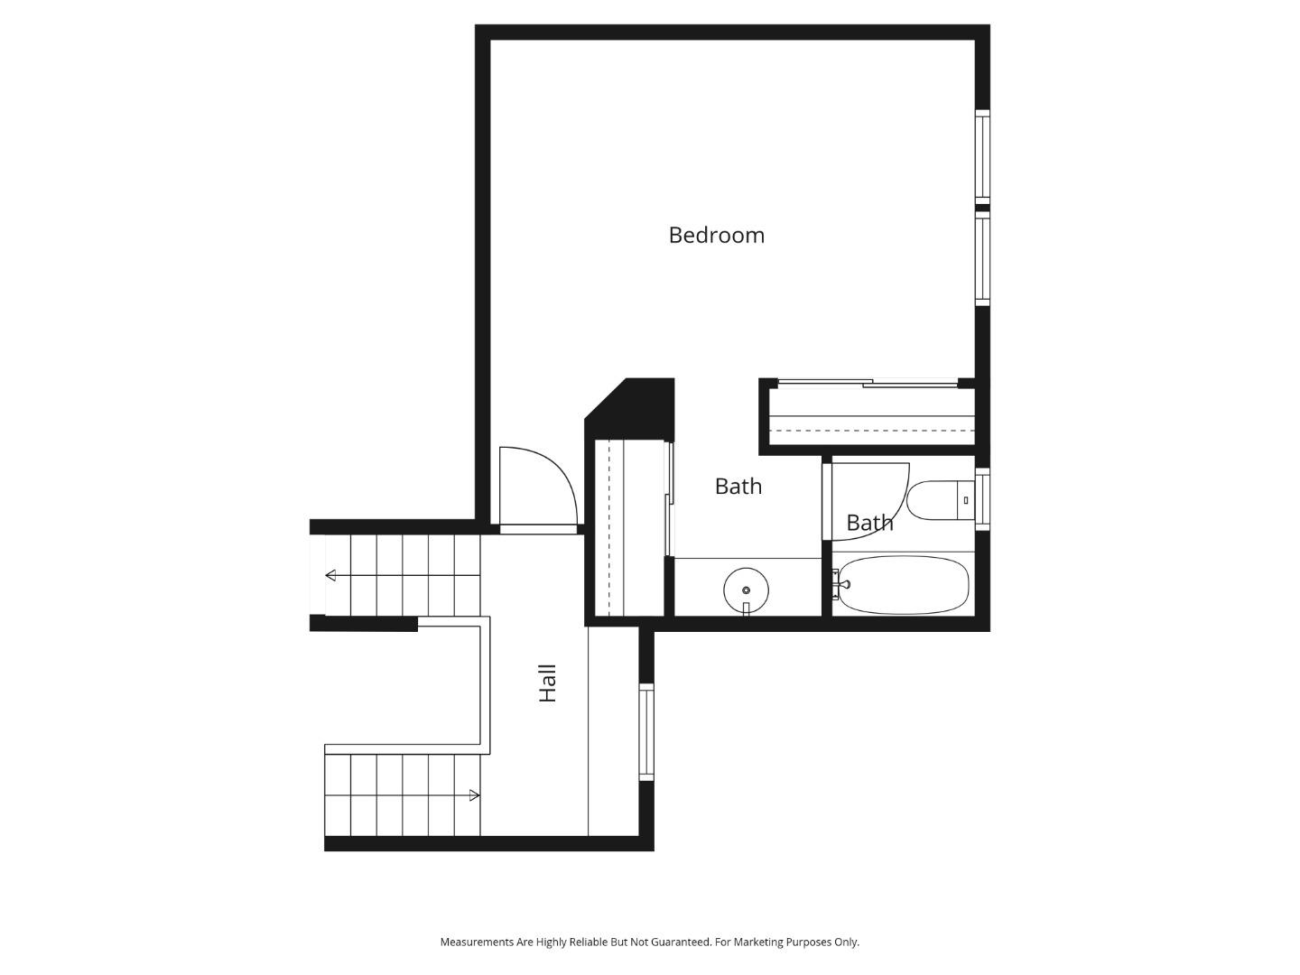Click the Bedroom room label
pyautogui.click(x=716, y=235)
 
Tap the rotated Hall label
pyautogui.click(x=547, y=683)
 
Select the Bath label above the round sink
pyautogui.click(x=738, y=486)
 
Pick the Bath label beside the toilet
pyautogui.click(x=869, y=523)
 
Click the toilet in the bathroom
pyautogui.click(x=939, y=501)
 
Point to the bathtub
pyautogui.click(x=903, y=585)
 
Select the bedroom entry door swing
pyautogui.click(x=536, y=486)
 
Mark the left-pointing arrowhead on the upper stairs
pyautogui.click(x=330, y=575)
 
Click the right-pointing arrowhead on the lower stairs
pyautogui.click(x=474, y=795)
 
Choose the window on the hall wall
pyautogui.click(x=646, y=732)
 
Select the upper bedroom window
pyautogui.click(x=982, y=155)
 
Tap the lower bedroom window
pyautogui.click(x=982, y=258)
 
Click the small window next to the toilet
pyautogui.click(x=982, y=498)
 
